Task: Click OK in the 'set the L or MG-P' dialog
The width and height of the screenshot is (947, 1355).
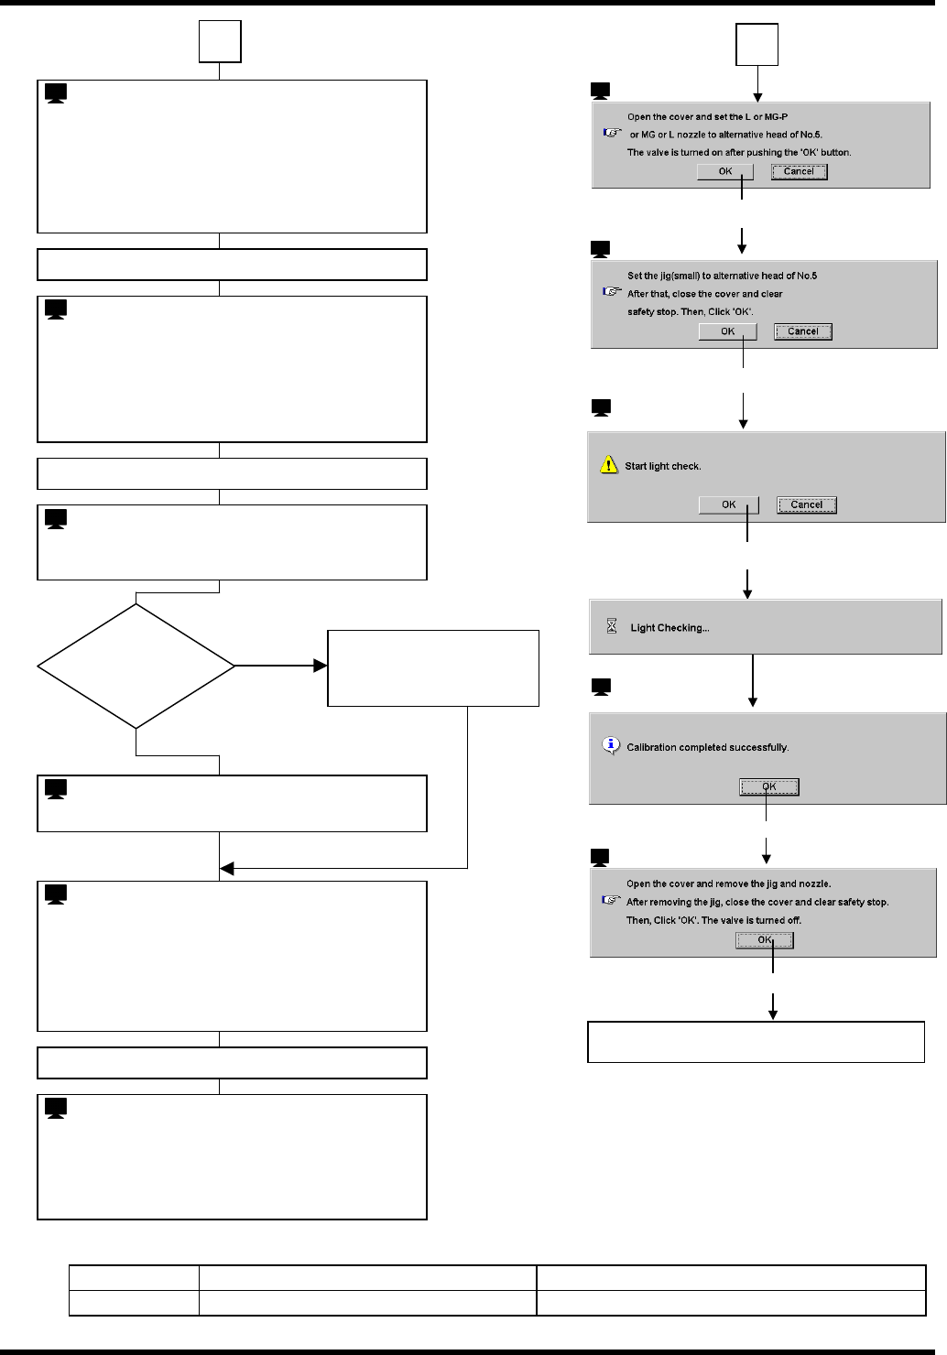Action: click(724, 171)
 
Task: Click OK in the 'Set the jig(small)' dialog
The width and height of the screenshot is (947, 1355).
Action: click(727, 331)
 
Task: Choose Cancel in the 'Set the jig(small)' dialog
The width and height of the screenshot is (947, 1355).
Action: click(802, 331)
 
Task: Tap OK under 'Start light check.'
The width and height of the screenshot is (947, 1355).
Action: click(728, 504)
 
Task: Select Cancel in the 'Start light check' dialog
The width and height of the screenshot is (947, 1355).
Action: click(806, 504)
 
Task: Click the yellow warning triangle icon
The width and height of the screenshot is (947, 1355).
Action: click(609, 465)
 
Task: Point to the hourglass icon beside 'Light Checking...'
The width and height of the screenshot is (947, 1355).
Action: click(612, 627)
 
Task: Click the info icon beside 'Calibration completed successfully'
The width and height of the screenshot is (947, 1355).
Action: click(611, 745)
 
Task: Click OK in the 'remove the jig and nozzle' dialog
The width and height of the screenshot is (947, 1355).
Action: click(764, 940)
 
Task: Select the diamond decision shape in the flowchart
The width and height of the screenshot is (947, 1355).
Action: click(136, 666)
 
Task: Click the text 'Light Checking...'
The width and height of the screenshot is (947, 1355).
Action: click(669, 628)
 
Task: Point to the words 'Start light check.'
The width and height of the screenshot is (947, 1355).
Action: click(662, 466)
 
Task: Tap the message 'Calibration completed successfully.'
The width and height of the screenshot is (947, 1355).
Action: click(707, 747)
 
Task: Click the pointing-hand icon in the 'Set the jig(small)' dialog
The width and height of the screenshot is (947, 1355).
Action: click(612, 292)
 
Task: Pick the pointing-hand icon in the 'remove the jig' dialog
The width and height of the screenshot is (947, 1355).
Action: click(612, 900)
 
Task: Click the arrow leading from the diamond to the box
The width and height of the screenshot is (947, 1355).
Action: click(279, 666)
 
